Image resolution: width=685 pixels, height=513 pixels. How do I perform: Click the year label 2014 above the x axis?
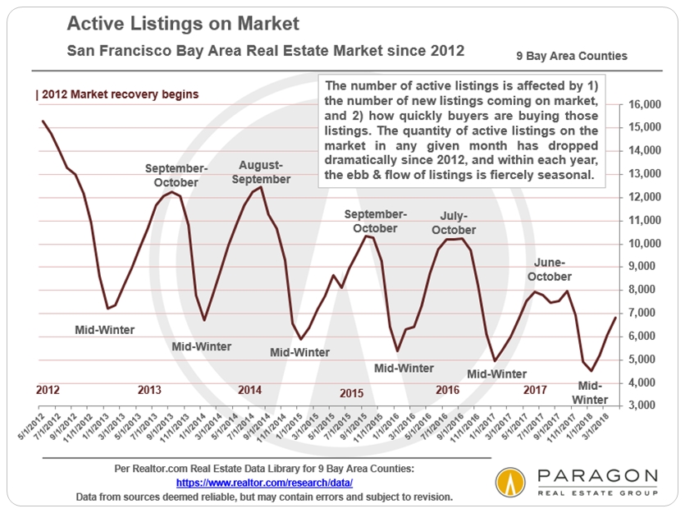[249, 389]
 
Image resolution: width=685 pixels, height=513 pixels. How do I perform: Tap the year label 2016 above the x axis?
[447, 389]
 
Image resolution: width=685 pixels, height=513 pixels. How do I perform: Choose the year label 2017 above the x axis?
[535, 389]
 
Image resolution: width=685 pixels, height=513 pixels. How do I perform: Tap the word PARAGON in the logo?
[596, 477]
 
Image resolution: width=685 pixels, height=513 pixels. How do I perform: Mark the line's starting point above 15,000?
[42, 121]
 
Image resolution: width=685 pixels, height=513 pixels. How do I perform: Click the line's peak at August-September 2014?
[261, 187]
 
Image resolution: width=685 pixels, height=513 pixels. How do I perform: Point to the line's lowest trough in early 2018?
[591, 371]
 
